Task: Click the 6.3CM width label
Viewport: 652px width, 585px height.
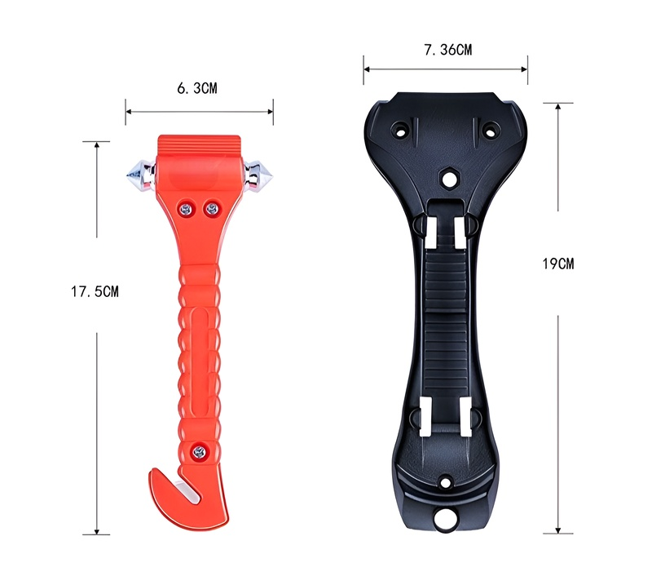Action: pos(197,88)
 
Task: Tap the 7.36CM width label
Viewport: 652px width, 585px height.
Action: pos(447,50)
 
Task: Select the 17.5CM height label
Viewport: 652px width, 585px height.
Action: pos(95,291)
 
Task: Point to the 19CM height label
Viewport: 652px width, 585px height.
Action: pos(558,264)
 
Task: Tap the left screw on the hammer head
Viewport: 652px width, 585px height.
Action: pos(185,208)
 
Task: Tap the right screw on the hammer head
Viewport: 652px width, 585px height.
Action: pos(212,207)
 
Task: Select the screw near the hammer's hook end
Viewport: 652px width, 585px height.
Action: pos(200,450)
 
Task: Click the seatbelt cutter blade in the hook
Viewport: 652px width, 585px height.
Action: pos(188,491)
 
